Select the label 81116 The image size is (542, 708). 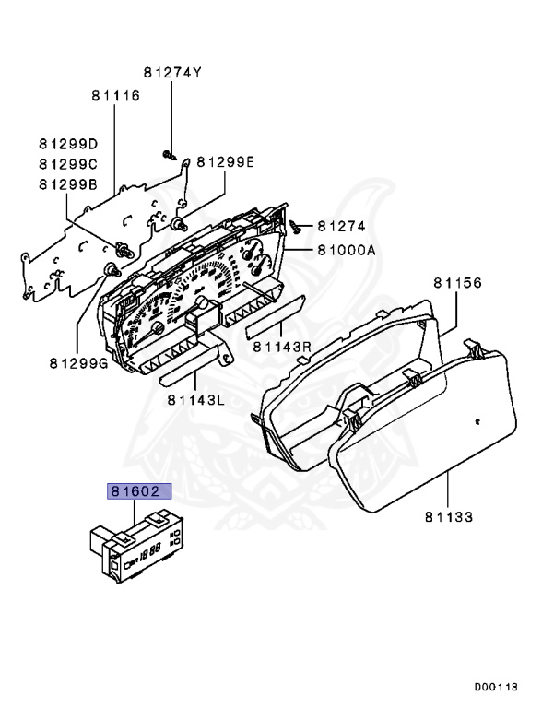(x=115, y=96)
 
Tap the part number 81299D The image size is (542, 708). (x=67, y=144)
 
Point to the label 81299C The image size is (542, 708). (x=67, y=163)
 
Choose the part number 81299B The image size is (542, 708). (x=67, y=183)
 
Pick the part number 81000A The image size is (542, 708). (x=348, y=249)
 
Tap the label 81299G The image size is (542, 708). (x=78, y=362)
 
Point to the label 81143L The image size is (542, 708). (x=196, y=399)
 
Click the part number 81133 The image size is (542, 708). (x=449, y=518)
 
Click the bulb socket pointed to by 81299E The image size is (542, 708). (x=179, y=224)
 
